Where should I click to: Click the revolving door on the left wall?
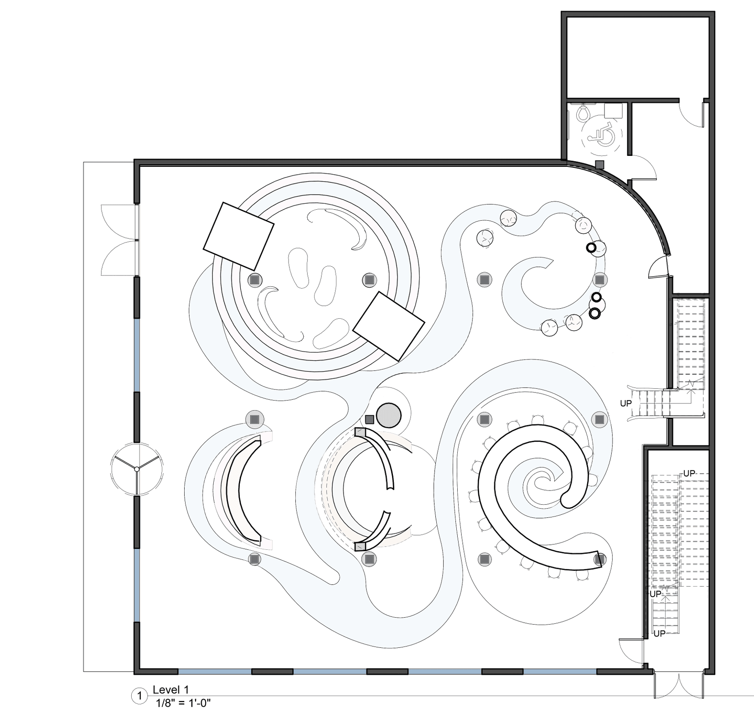tap(136, 469)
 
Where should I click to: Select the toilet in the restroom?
tap(583, 112)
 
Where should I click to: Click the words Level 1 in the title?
tap(170, 690)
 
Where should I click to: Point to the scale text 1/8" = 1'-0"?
tap(183, 702)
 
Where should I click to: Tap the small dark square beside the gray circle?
tap(369, 419)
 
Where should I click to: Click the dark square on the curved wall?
tap(600, 164)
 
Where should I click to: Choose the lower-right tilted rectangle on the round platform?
tap(389, 326)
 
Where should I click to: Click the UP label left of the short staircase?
tap(626, 403)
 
